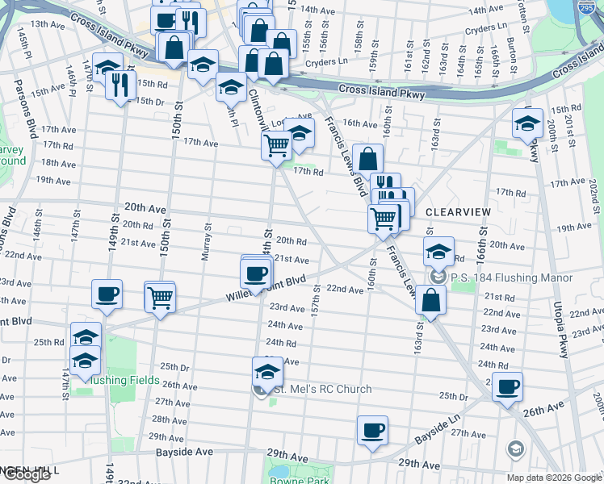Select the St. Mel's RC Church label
[322, 390]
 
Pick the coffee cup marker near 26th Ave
[507, 386]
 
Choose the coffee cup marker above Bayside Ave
[372, 430]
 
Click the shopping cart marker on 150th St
[160, 297]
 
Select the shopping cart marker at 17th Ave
[276, 146]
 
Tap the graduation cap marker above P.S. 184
[438, 252]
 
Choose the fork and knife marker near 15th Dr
[120, 83]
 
